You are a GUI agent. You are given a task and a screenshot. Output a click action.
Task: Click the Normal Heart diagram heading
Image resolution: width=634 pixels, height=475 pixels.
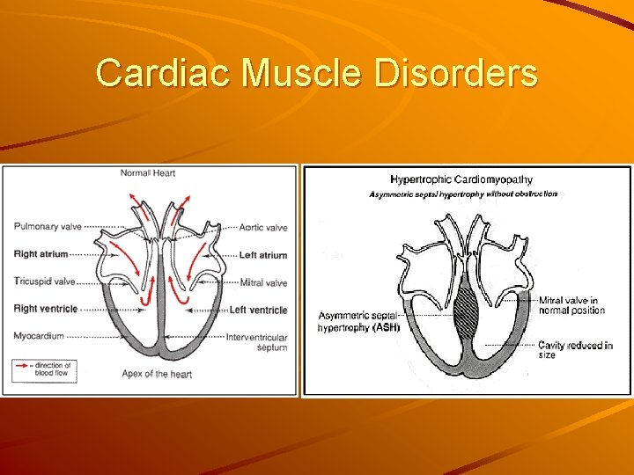pos(148,173)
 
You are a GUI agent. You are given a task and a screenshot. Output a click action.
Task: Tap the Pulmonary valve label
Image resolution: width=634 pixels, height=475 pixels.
pos(48,227)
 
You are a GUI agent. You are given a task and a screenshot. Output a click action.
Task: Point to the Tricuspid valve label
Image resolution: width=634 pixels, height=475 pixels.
pos(45,282)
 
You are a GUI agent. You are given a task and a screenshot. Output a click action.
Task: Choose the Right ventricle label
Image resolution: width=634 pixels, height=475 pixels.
pos(46,309)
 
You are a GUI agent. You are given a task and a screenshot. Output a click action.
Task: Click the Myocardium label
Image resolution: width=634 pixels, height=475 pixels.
pos(39,336)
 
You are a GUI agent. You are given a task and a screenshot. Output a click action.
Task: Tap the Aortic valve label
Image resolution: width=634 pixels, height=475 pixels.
pos(263,228)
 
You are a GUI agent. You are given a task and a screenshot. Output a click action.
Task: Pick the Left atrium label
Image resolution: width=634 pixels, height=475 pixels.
pos(263,255)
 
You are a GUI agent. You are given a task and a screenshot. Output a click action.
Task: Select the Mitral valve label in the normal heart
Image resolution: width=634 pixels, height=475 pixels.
pos(264,282)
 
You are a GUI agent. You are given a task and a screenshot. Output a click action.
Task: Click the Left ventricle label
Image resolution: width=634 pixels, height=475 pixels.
pos(258,310)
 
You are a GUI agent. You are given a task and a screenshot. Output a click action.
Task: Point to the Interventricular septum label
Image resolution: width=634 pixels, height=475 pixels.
pos(257,342)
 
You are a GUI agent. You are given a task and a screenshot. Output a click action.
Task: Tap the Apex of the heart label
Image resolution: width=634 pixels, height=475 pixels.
pos(158,374)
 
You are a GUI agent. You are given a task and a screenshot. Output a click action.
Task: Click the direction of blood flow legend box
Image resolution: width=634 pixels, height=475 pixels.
pos(45,370)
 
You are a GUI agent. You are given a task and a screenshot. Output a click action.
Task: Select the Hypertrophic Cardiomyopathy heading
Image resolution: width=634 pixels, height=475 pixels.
pos(461,180)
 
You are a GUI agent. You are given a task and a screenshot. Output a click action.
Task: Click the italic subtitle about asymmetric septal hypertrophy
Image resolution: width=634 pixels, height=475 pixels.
pos(462,194)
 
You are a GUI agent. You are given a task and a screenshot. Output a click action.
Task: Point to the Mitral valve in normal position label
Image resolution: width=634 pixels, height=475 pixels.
pos(571,305)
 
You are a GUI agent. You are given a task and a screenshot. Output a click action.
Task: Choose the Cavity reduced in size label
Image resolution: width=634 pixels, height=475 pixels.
pos(575,350)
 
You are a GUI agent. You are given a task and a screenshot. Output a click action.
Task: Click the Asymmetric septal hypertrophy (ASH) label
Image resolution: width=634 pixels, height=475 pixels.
pos(358,321)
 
